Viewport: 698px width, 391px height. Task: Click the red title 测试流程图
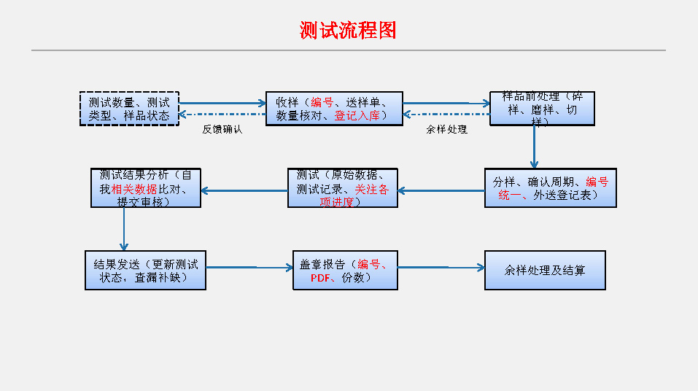[x=348, y=30]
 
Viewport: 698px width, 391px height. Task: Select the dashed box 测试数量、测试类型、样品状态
[x=129, y=109]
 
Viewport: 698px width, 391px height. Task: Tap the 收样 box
[x=334, y=109]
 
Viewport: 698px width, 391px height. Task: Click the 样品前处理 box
[x=542, y=109]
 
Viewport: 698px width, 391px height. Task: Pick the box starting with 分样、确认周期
[x=550, y=188]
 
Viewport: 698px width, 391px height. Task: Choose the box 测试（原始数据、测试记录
[x=342, y=188]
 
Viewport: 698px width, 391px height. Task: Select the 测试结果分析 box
[x=146, y=188]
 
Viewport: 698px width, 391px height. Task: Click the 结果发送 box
[x=145, y=270]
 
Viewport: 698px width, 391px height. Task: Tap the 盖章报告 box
[x=344, y=270]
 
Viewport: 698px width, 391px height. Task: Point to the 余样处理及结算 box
[x=544, y=270]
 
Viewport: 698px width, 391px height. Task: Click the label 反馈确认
[x=222, y=129]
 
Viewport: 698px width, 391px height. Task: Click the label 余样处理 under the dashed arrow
[x=446, y=129]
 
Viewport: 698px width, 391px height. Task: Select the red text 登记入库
[x=357, y=115]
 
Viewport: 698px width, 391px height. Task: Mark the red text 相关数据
[x=134, y=189]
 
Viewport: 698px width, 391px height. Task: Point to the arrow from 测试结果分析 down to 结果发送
[x=124, y=228]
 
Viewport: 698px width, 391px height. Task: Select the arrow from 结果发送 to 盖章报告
[x=249, y=268]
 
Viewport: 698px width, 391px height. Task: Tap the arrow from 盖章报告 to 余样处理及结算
[x=441, y=268]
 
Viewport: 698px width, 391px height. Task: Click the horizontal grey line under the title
[x=348, y=50]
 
